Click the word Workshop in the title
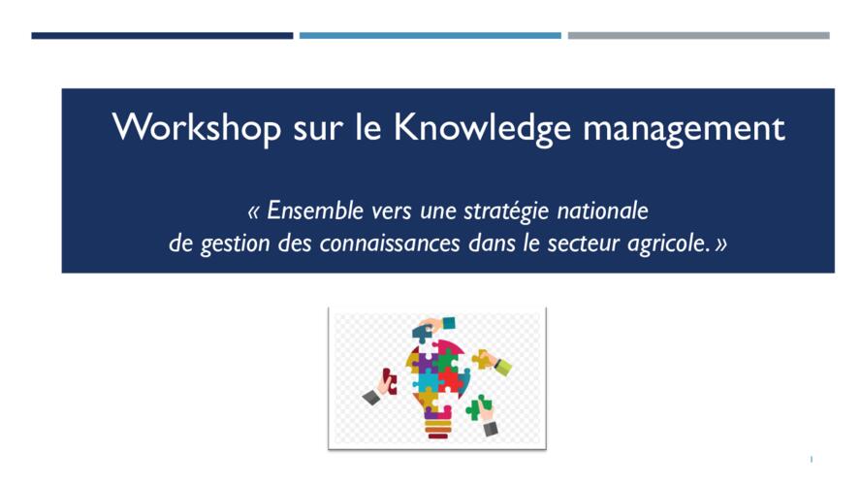click(x=197, y=127)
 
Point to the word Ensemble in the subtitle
click(x=315, y=210)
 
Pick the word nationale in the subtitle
click(x=602, y=210)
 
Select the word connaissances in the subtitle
click(x=390, y=243)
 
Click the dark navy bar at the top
click(x=162, y=36)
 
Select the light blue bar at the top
click(x=430, y=36)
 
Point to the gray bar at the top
click(x=698, y=36)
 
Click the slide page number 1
click(x=811, y=459)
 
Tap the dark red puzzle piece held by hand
click(x=390, y=380)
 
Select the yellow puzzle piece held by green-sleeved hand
click(x=482, y=360)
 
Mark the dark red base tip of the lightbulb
click(x=437, y=436)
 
